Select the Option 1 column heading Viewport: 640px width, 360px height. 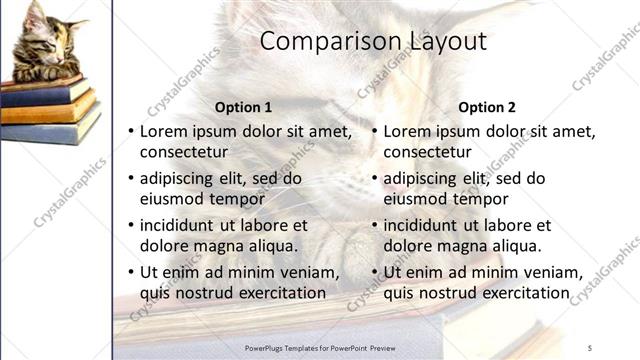pyautogui.click(x=243, y=107)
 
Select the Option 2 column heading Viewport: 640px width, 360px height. pyautogui.click(x=487, y=107)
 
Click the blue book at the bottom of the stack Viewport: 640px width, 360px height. pyautogui.click(x=50, y=130)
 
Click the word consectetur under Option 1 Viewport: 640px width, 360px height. pyautogui.click(x=183, y=152)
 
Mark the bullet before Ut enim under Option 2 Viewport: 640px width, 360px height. pyautogui.click(x=375, y=272)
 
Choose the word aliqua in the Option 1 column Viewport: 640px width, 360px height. pyautogui.click(x=272, y=246)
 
